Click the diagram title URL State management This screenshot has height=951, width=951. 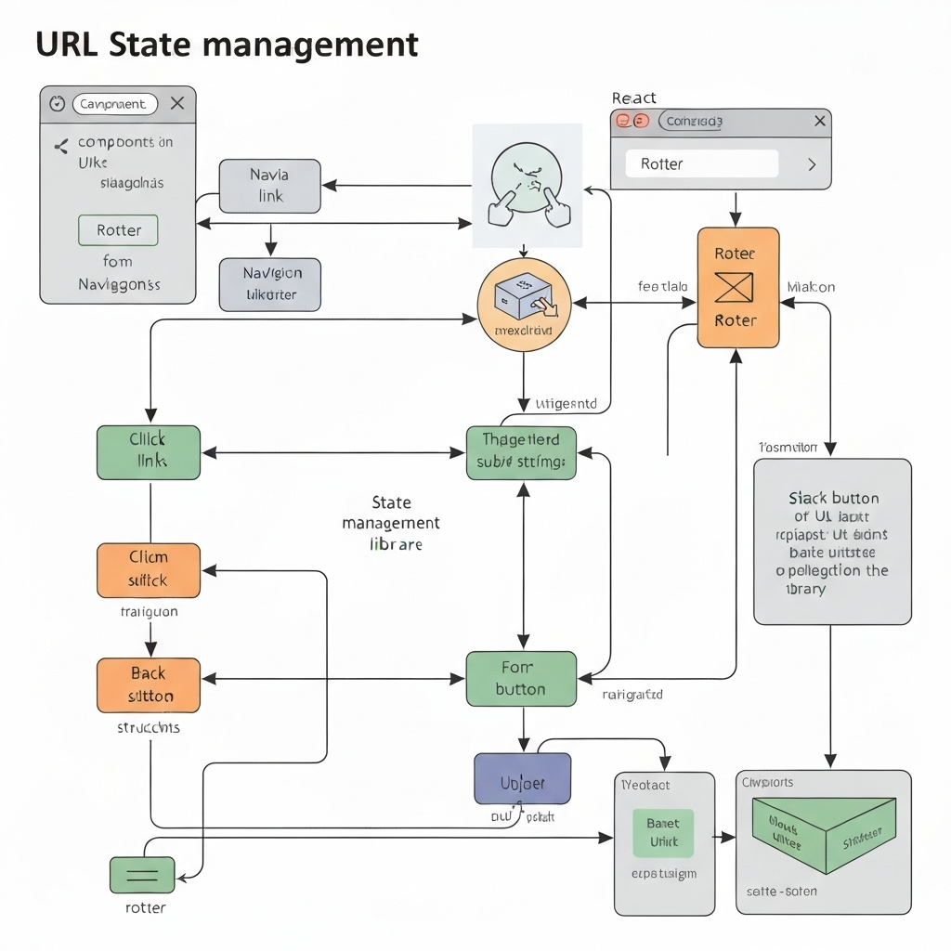(x=227, y=44)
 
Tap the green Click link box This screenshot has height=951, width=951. (x=149, y=452)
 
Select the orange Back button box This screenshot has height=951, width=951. (x=149, y=684)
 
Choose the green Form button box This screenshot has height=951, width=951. (x=521, y=678)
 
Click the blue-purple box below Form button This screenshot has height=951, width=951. (x=522, y=778)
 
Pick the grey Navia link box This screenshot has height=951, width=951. (x=269, y=185)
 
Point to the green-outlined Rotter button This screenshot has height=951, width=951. (x=119, y=230)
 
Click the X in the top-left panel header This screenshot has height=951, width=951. (x=177, y=104)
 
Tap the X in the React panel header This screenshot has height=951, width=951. (x=819, y=121)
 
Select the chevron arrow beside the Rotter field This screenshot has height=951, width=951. (x=811, y=164)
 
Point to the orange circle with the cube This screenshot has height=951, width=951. (x=523, y=305)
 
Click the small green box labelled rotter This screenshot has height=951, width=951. (x=142, y=875)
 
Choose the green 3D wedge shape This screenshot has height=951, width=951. (x=823, y=833)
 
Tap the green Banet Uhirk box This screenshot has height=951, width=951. (x=663, y=832)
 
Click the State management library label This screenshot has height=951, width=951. (x=391, y=523)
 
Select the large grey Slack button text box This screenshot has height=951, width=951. (x=831, y=541)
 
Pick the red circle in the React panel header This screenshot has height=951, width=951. (x=624, y=121)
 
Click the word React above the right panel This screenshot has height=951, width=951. (x=633, y=98)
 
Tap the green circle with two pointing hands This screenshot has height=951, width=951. (x=528, y=185)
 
